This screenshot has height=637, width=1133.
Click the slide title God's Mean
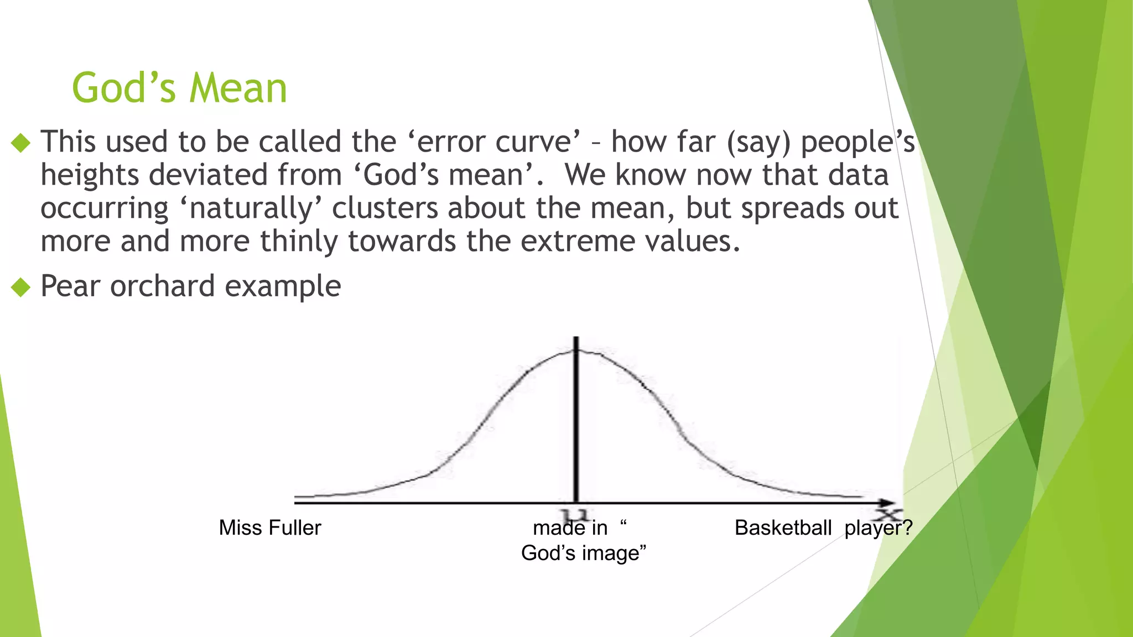coord(179,88)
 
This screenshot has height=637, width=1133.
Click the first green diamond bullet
coord(20,143)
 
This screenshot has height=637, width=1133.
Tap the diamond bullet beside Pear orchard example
coord(20,287)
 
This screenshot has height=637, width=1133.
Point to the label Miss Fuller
coord(269,528)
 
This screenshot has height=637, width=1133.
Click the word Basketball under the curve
coord(783,528)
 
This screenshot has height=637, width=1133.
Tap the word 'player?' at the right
coord(878,528)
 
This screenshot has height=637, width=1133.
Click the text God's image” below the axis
coord(584,553)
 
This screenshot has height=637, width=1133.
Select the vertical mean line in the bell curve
coord(576,420)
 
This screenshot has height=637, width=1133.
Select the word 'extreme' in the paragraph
coord(575,242)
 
